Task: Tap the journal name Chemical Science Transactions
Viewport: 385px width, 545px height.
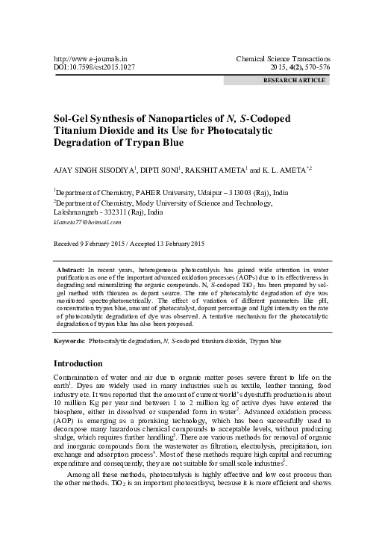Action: pyautogui.click(x=283, y=57)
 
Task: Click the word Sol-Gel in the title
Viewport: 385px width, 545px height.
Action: pyautogui.click(x=72, y=119)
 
